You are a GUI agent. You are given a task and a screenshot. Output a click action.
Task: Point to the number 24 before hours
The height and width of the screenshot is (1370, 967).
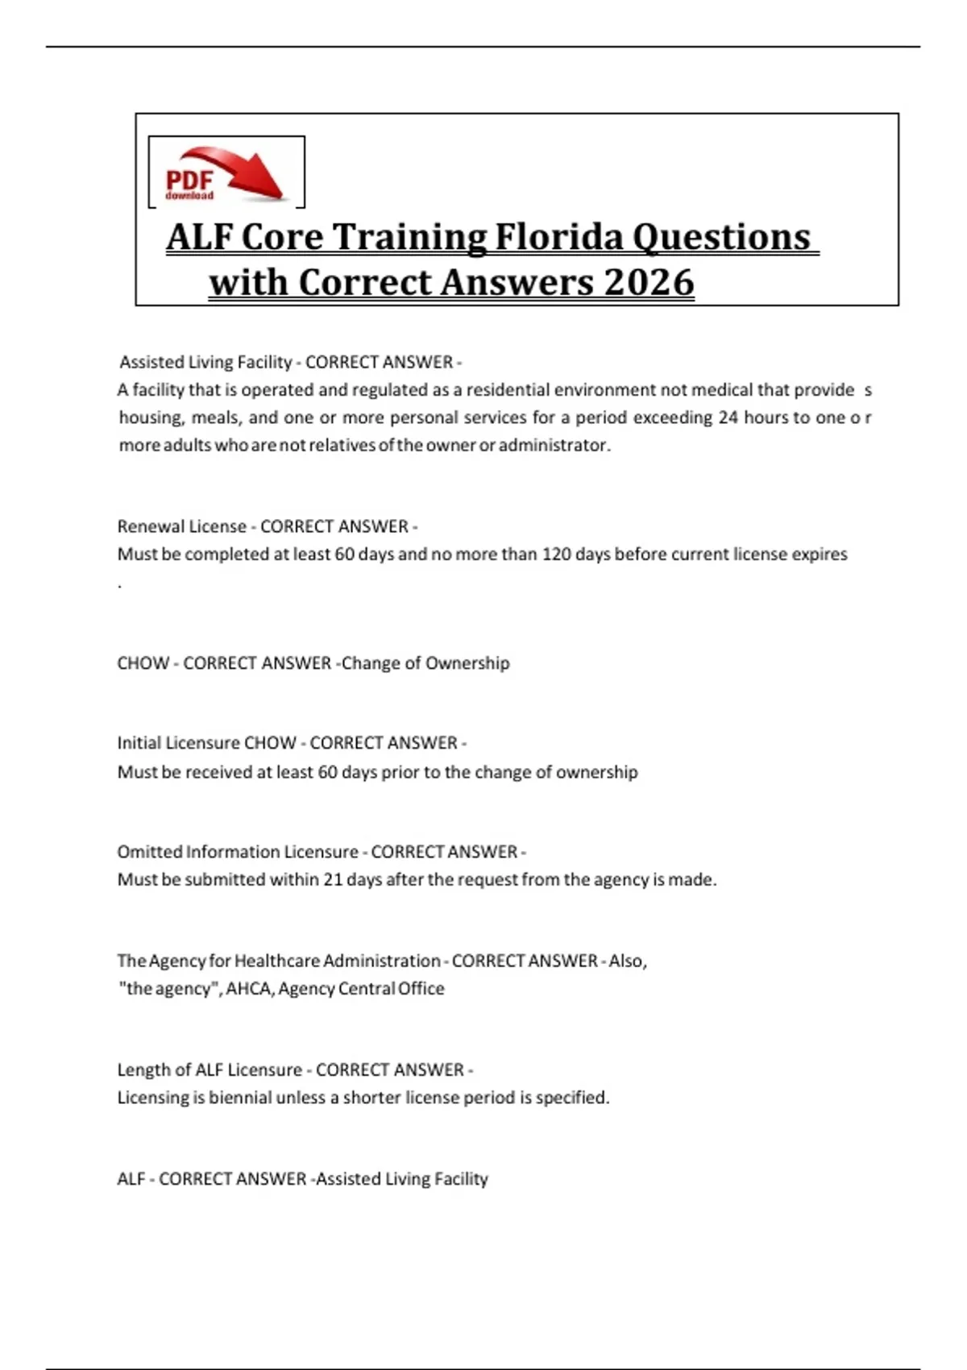(728, 417)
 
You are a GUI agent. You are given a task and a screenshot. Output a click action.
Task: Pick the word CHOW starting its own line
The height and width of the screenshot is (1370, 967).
(143, 663)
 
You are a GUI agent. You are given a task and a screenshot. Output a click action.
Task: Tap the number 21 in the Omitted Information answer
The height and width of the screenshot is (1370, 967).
(333, 880)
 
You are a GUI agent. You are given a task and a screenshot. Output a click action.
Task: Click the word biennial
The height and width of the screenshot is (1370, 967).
(239, 1098)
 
